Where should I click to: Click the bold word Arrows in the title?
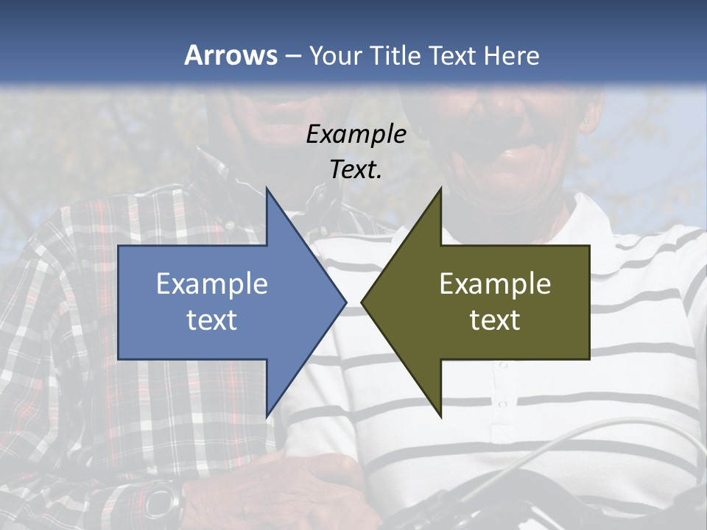click(x=231, y=55)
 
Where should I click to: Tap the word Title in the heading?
click(x=395, y=55)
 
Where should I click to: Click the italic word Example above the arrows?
click(x=356, y=134)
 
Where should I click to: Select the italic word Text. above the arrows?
click(x=356, y=170)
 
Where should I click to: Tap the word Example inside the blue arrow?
click(x=212, y=283)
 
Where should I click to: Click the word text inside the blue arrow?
click(x=212, y=320)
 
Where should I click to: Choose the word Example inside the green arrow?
click(x=495, y=283)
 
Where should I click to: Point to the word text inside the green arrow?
click(x=495, y=320)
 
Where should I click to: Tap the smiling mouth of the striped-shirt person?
click(x=508, y=155)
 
